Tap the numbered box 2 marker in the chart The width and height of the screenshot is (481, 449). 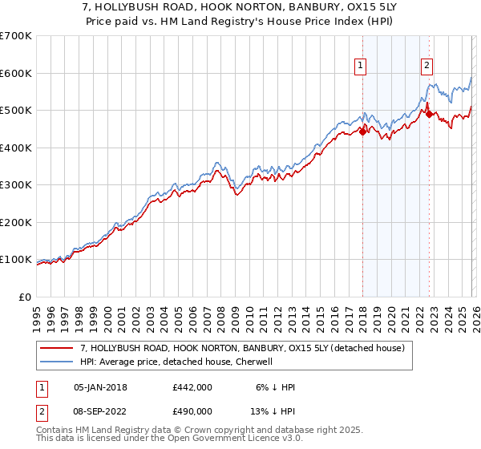click(x=427, y=67)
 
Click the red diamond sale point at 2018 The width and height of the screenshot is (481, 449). click(x=362, y=132)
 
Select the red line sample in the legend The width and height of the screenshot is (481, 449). click(x=58, y=349)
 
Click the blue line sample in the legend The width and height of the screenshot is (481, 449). click(x=58, y=362)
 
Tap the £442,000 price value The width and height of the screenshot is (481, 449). click(x=192, y=387)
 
